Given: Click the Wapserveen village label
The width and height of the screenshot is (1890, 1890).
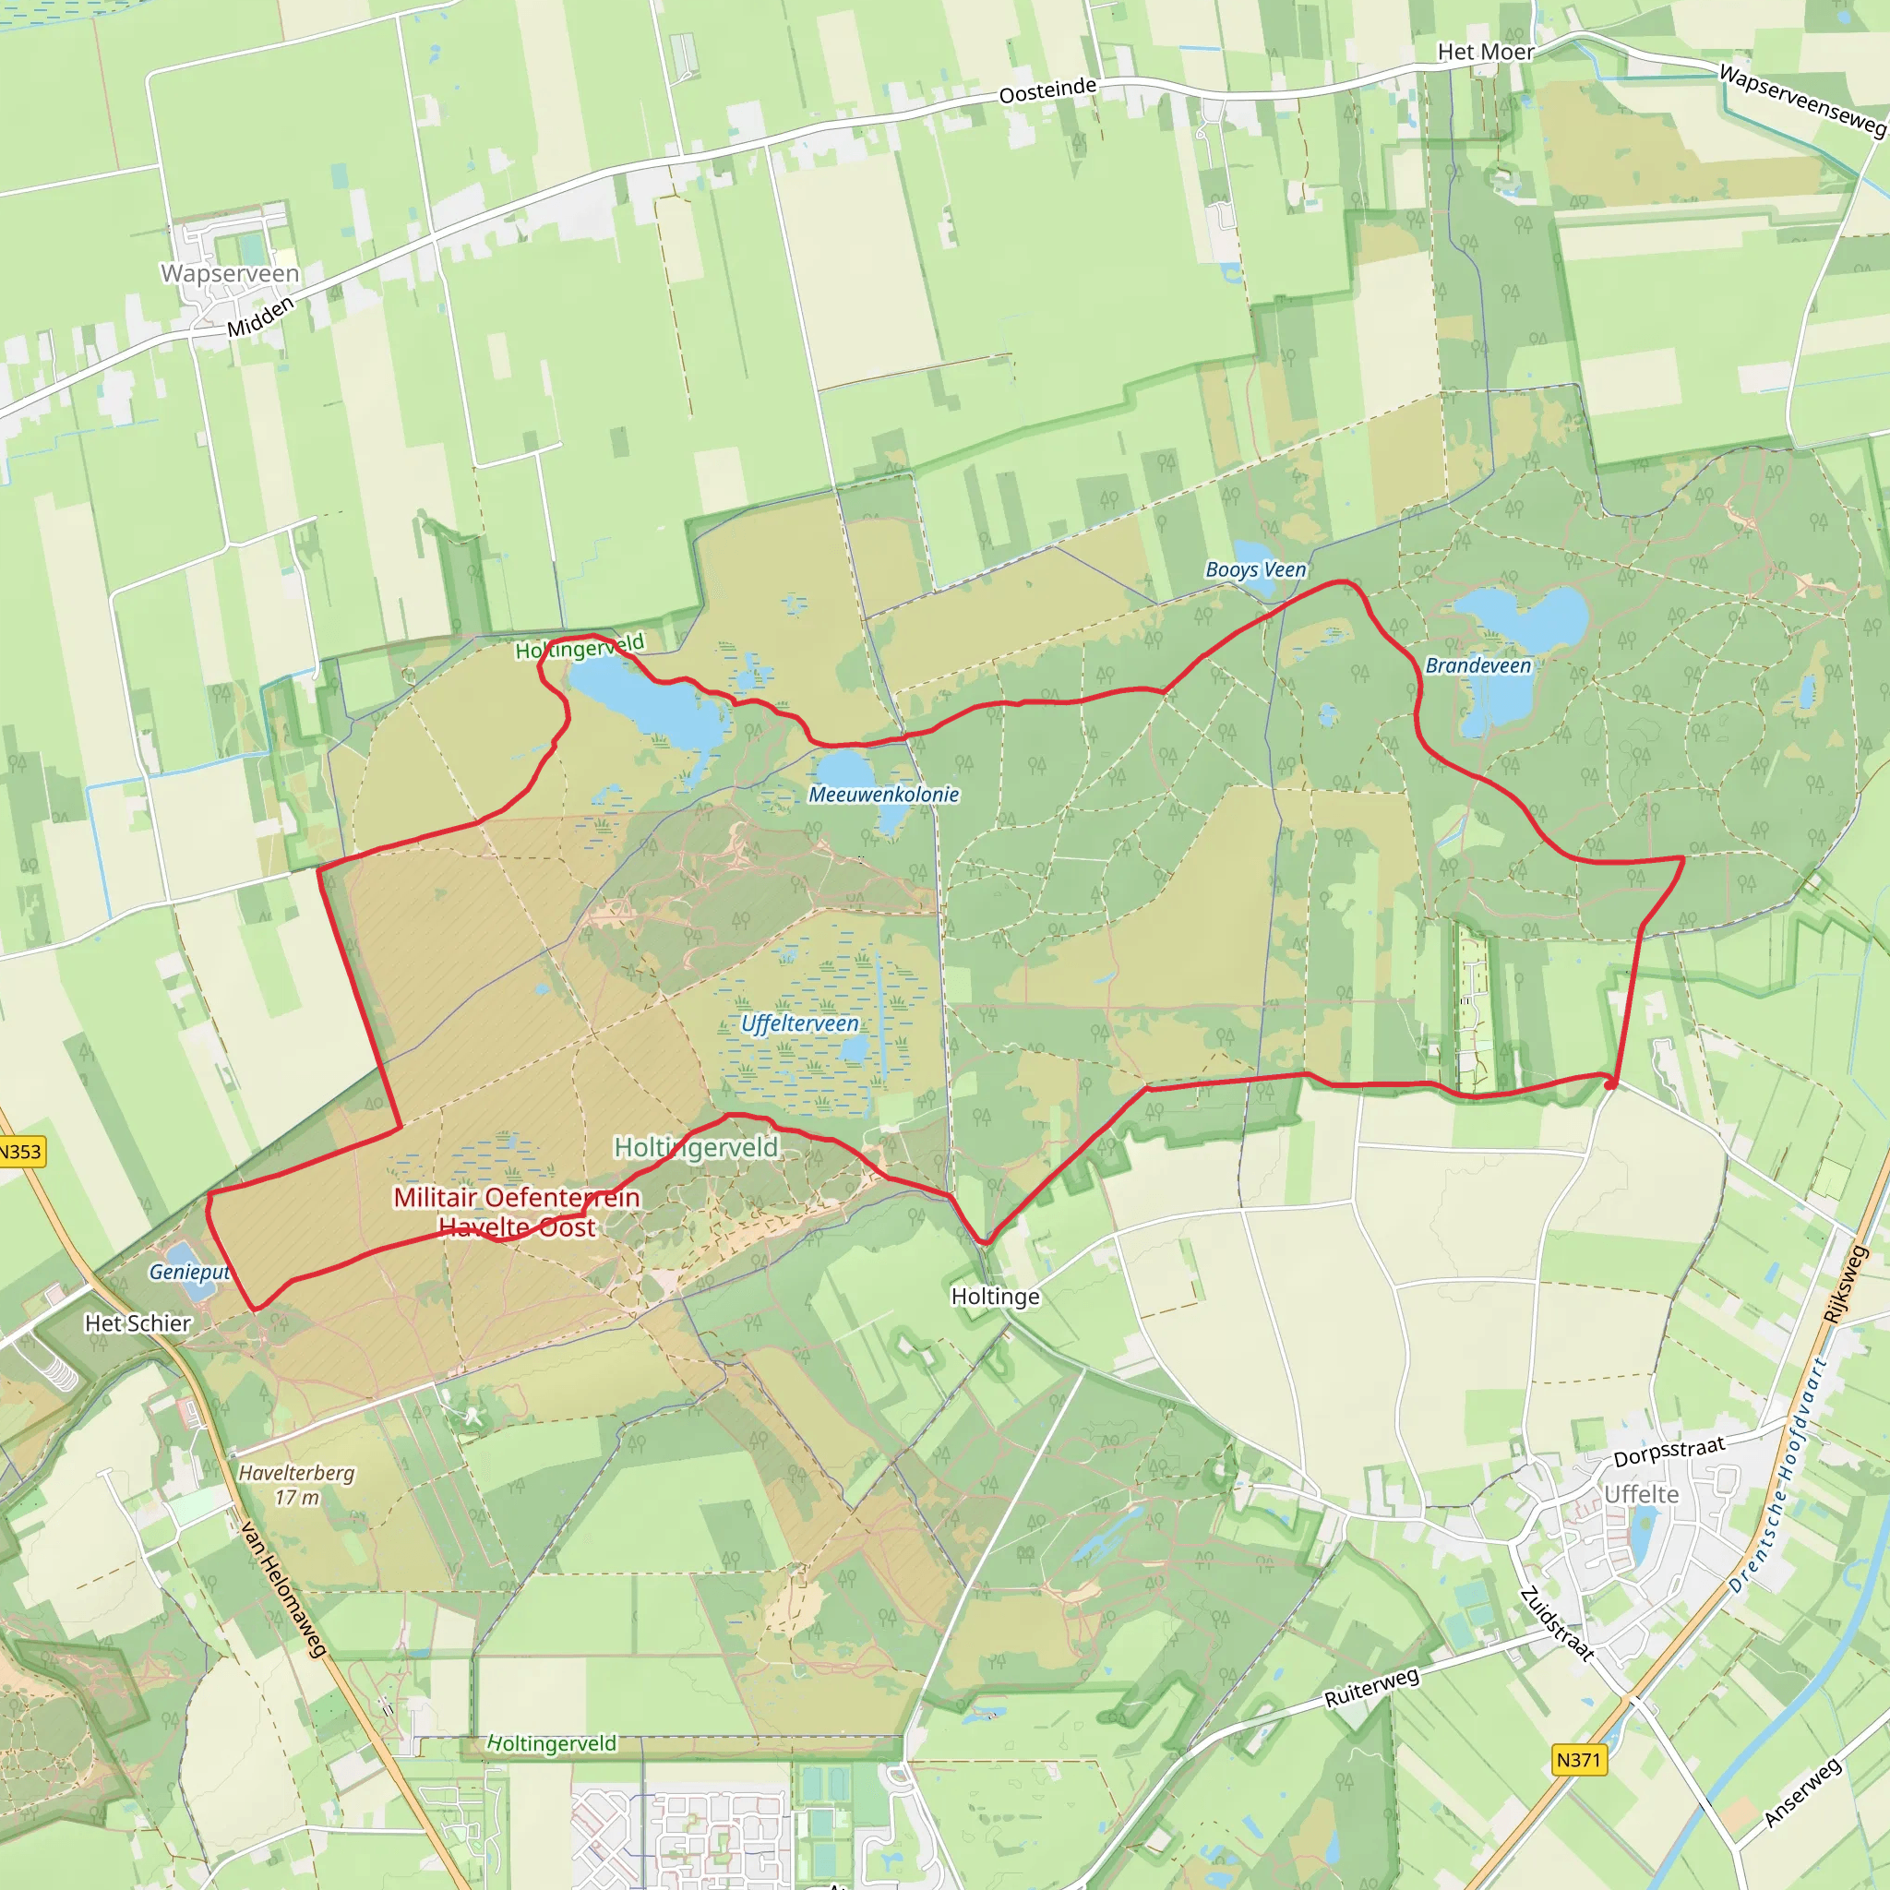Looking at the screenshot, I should [x=230, y=273].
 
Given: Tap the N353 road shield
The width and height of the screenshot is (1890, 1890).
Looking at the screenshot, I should [x=21, y=1152].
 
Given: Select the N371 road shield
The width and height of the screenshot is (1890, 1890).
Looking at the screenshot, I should [x=1578, y=1760].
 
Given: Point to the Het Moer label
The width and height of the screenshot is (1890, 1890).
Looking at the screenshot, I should [x=1485, y=52].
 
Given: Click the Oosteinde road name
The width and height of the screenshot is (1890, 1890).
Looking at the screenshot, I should [x=1047, y=91].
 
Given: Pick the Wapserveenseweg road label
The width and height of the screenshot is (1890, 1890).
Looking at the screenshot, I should [x=1802, y=101].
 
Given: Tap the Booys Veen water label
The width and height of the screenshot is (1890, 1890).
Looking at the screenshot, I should [x=1255, y=569].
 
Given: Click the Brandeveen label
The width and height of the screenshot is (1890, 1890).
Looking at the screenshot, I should [x=1477, y=665].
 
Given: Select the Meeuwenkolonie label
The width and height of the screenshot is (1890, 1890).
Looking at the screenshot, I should [x=883, y=795].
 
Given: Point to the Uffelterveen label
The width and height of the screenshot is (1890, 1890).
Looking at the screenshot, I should [x=799, y=1023].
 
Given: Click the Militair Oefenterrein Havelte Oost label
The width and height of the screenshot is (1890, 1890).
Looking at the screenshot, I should [x=517, y=1212].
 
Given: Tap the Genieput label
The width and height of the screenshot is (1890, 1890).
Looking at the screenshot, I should [x=189, y=1272].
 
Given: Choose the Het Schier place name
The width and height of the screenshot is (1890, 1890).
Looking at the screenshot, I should [x=138, y=1322].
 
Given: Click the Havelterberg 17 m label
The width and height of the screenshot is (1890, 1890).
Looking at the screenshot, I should [x=296, y=1485].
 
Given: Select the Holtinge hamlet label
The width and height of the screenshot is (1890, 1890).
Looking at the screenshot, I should [x=995, y=1297].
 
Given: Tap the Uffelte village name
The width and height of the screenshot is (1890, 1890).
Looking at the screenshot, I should [x=1642, y=1494].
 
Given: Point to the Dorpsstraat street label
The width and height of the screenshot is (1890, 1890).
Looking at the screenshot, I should [x=1669, y=1452].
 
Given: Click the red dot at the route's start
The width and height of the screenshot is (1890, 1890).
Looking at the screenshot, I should [x=1610, y=1084].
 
